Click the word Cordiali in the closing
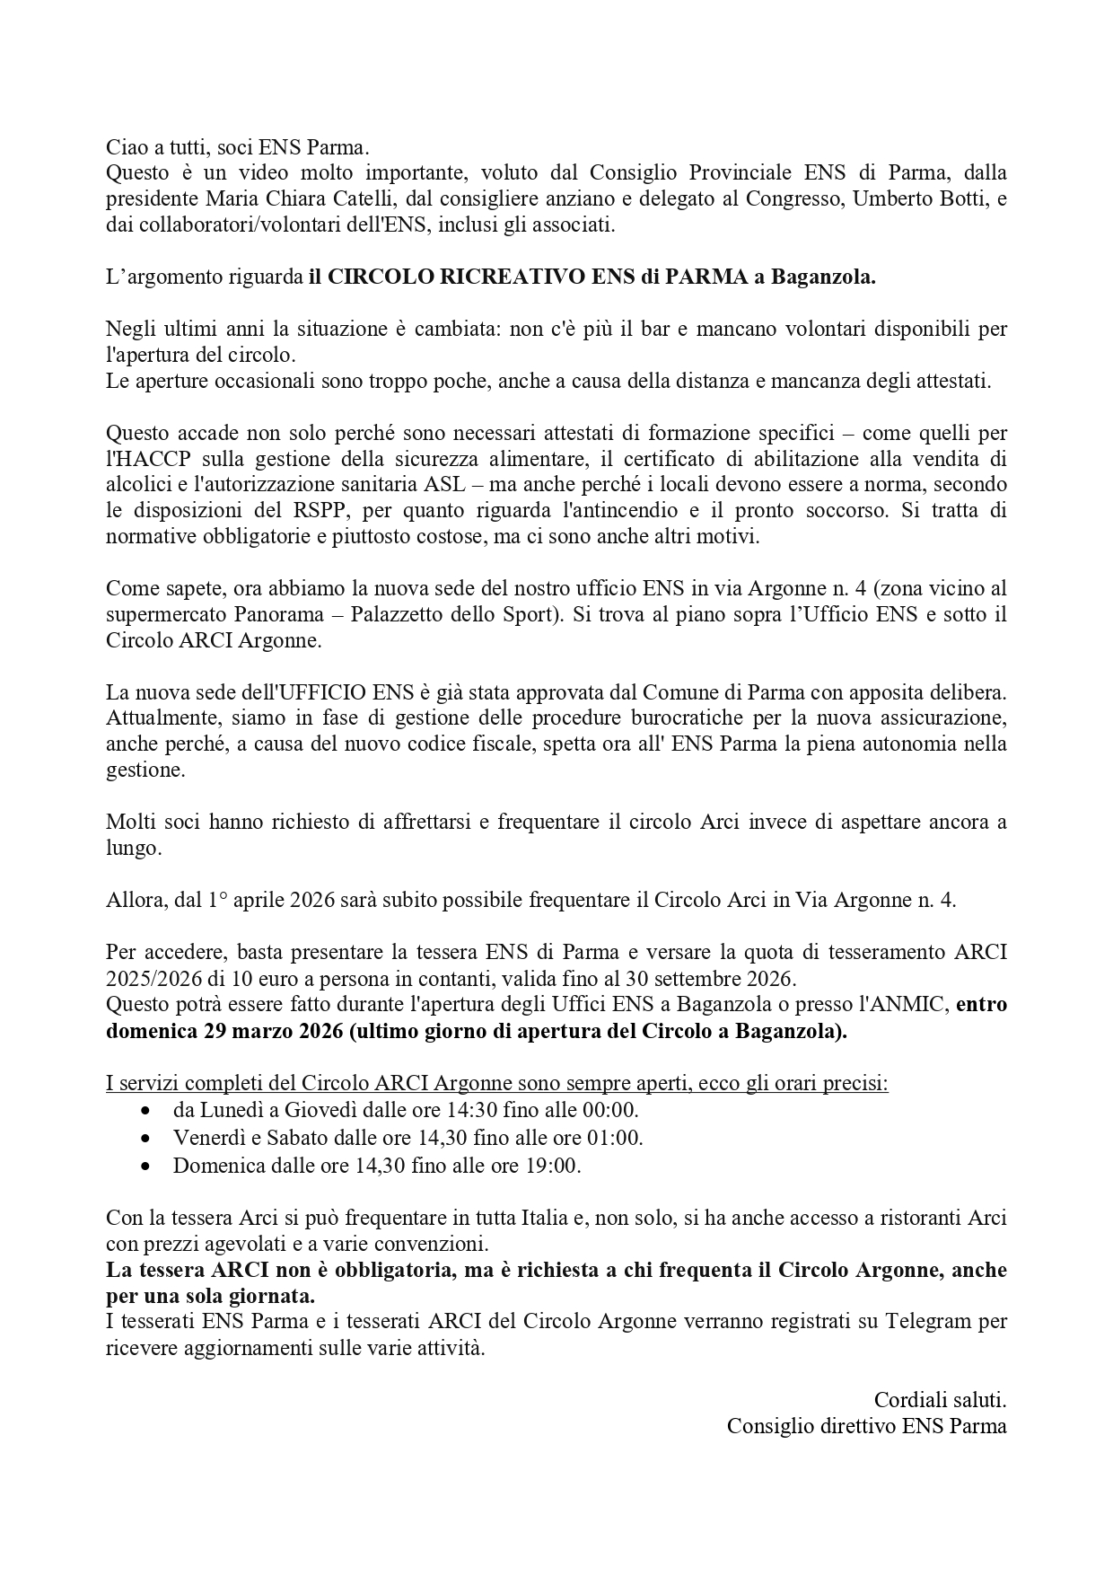pyautogui.click(x=907, y=1400)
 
